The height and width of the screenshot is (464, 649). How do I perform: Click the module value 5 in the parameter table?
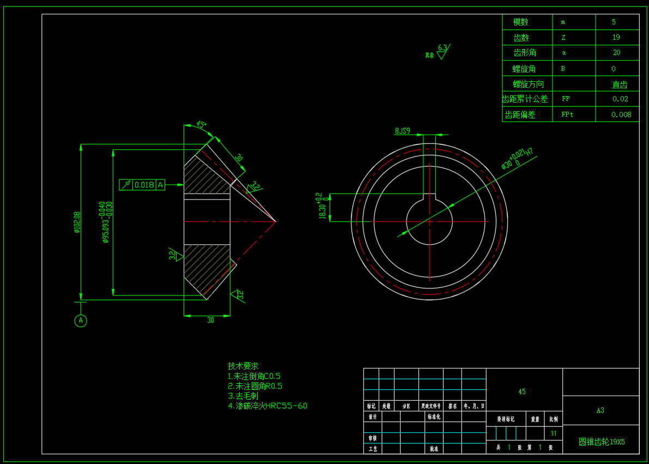614,22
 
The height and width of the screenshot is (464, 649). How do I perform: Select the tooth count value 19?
616,38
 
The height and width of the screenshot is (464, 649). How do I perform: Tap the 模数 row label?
520,22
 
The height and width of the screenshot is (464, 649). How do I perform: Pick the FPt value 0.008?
621,115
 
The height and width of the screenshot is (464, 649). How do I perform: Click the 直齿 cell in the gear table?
620,85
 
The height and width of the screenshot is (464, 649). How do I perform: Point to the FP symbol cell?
566,99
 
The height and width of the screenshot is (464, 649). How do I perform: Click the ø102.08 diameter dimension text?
77,222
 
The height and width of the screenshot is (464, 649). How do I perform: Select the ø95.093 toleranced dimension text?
106,222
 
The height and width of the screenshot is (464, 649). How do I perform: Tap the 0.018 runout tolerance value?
144,185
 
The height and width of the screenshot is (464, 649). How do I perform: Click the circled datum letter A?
81,321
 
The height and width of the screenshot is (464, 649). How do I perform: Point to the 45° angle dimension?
201,125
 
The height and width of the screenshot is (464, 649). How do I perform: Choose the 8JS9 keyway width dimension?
402,131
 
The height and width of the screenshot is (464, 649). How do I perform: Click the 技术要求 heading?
242,366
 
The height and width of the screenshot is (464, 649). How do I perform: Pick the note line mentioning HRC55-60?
268,406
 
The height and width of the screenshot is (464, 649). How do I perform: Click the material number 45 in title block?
522,391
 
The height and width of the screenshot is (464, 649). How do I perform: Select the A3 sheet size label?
600,411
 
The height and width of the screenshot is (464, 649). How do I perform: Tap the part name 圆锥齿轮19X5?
602,442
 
